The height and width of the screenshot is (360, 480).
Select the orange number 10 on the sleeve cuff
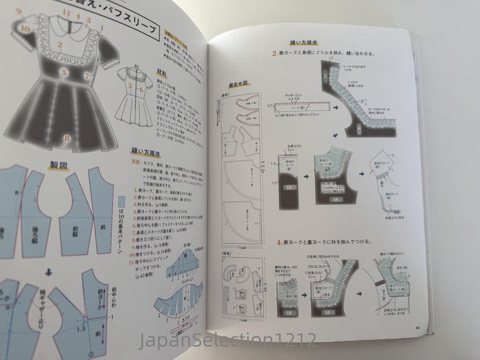25,28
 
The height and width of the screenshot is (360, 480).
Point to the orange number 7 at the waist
87,76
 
